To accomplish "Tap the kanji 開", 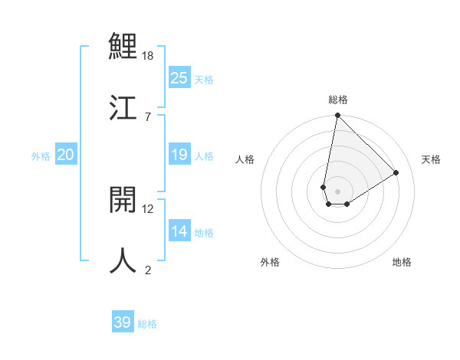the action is (123, 199).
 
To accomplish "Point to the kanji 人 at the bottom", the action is (123, 260).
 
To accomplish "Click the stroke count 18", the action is (148, 56).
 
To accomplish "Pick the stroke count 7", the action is (148, 116).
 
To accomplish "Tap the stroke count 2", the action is (148, 270).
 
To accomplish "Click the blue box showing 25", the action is (179, 77).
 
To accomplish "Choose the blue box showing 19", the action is (179, 155).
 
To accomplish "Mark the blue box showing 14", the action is (179, 232).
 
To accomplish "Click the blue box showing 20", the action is (66, 155).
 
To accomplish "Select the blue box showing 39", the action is (123, 322).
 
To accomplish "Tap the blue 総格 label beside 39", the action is (147, 324).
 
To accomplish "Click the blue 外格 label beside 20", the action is (41, 156).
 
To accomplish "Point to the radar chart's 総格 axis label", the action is (338, 100).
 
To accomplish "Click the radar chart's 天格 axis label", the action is (431, 159).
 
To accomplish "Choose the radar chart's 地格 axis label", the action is (402, 262).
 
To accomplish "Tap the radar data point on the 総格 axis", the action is (337, 116).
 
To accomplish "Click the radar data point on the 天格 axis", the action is (396, 172).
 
